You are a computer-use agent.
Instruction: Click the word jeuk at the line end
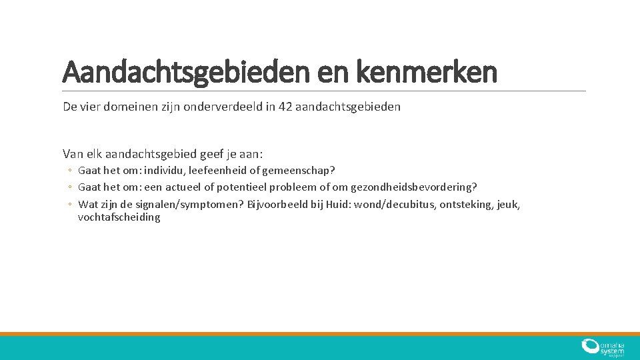click(x=508, y=204)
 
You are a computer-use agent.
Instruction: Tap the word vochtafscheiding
click(x=119, y=217)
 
